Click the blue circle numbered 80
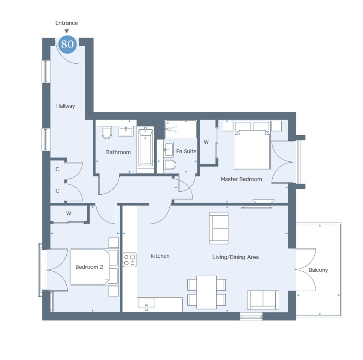[x=68, y=44]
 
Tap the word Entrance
[x=66, y=23]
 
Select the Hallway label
[x=65, y=106]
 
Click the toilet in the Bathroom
[x=107, y=133]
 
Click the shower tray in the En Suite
[x=181, y=129]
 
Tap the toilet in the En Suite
[x=170, y=165]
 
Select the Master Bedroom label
[x=241, y=179]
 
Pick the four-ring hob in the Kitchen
[x=130, y=260]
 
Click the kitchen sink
[x=146, y=303]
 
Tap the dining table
[x=207, y=292]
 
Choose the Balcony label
[x=318, y=270]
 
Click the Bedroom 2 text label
[x=89, y=267]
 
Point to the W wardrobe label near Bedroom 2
[x=68, y=214]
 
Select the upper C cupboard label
[x=57, y=170]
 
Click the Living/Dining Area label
[x=236, y=257]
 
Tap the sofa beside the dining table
[x=263, y=300]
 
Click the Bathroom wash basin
[x=126, y=131]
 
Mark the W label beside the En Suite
[x=206, y=142]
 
